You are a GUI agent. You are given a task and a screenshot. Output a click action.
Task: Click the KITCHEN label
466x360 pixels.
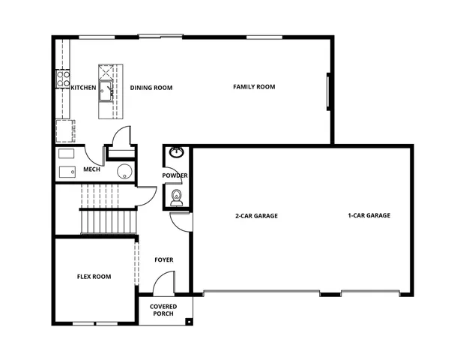83,88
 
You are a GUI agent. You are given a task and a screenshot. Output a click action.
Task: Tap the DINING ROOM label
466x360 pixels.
151,88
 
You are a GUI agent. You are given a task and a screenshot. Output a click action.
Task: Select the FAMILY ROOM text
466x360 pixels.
254,87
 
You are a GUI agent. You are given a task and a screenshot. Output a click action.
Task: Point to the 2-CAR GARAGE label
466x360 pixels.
256,216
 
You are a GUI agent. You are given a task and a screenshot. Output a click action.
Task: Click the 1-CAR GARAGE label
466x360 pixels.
369,216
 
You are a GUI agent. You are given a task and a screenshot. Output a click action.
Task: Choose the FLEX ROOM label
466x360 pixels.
94,277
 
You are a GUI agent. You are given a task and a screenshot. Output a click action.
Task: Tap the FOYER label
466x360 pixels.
164,260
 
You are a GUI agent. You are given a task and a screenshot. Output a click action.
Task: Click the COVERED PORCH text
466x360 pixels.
163,310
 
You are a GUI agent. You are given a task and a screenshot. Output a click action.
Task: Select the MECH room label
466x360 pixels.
91,169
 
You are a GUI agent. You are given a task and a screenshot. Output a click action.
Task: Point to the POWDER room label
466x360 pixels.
175,175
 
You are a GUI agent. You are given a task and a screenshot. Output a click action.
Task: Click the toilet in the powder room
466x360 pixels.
176,197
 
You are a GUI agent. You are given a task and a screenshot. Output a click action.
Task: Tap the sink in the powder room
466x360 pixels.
176,153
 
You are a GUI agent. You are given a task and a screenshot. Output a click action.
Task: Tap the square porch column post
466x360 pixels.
188,321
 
